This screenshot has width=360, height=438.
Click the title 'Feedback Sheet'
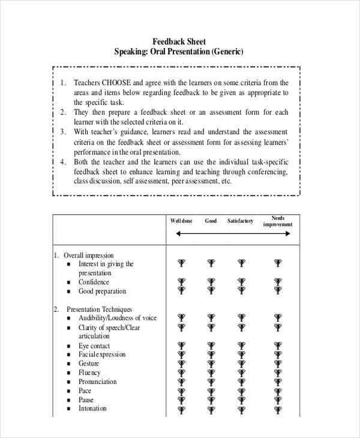pyautogui.click(x=179, y=42)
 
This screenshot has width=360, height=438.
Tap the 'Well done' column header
pyautogui.click(x=181, y=221)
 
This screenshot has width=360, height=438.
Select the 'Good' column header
pyautogui.click(x=211, y=221)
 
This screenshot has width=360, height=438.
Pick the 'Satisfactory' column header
pyautogui.click(x=240, y=221)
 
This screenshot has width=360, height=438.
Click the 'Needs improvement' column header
pyautogui.click(x=278, y=221)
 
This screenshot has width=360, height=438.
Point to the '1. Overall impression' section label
pyautogui.click(x=84, y=255)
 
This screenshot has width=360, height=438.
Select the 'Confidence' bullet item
pyautogui.click(x=94, y=282)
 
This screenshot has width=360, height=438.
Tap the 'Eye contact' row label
pyautogui.click(x=94, y=346)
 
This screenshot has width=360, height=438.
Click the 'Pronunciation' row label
pyautogui.click(x=97, y=382)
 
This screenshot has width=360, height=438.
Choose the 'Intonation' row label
pyautogui.click(x=92, y=409)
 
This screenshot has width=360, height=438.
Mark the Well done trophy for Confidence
pyautogui.click(x=181, y=282)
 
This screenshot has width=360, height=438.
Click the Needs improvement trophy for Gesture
pyautogui.click(x=277, y=364)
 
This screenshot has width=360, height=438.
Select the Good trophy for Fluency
pyautogui.click(x=211, y=373)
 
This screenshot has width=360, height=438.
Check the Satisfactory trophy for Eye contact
pyautogui.click(x=241, y=346)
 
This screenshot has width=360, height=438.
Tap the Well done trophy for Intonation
pyautogui.click(x=181, y=409)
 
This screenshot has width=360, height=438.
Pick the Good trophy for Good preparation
pyautogui.click(x=211, y=291)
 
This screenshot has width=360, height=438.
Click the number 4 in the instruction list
pyautogui.click(x=63, y=162)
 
